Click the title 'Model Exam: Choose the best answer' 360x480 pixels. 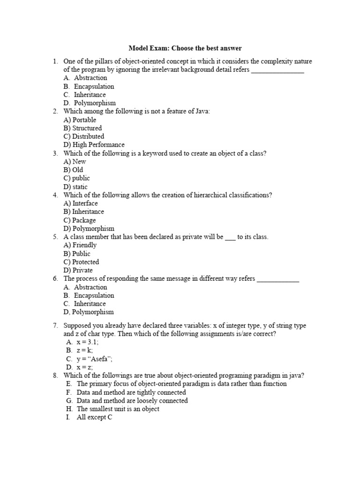click(185, 48)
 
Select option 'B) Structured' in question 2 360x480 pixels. click(82, 128)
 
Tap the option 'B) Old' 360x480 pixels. click(74, 170)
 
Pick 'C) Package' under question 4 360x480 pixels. click(80, 220)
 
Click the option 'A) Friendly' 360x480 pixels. click(80, 245)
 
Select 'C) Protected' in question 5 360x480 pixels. click(82, 262)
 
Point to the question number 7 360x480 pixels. click(55, 325)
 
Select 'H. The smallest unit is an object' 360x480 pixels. click(118, 409)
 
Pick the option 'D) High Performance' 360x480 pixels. click(94, 145)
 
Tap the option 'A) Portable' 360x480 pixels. click(80, 120)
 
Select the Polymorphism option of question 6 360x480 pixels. click(89, 312)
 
